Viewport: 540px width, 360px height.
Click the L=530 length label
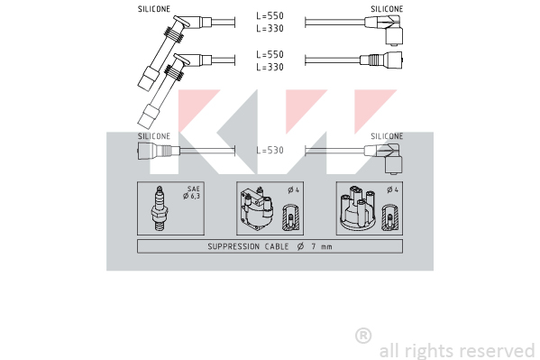pyautogui.click(x=270, y=151)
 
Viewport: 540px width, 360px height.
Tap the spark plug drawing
pyautogui.click(x=159, y=209)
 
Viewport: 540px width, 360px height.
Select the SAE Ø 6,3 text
pyautogui.click(x=192, y=193)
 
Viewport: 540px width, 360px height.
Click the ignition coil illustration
pyautogui.click(x=257, y=209)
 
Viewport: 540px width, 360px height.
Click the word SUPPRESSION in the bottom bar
pyautogui.click(x=233, y=246)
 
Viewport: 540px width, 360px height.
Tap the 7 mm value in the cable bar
pyautogui.click(x=322, y=246)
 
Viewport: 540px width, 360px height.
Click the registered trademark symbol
pyautogui.click(x=363, y=336)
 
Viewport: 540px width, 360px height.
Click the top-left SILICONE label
pyautogui.click(x=154, y=9)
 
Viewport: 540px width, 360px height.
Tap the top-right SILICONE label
pyautogui.click(x=387, y=9)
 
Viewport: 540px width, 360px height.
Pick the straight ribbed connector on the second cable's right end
pyautogui.click(x=381, y=60)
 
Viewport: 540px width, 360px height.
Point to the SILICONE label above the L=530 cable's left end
pyautogui.click(x=154, y=136)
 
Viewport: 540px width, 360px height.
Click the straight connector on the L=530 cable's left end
pyautogui.click(x=159, y=151)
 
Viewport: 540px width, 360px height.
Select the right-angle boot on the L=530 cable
pyautogui.click(x=384, y=158)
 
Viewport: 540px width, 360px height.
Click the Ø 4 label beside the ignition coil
pyautogui.click(x=293, y=189)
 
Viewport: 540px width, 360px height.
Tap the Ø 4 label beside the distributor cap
pyautogui.click(x=392, y=189)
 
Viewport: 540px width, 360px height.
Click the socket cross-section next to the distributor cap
pyautogui.click(x=389, y=217)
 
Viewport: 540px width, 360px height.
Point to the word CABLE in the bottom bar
pyautogui.click(x=277, y=246)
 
